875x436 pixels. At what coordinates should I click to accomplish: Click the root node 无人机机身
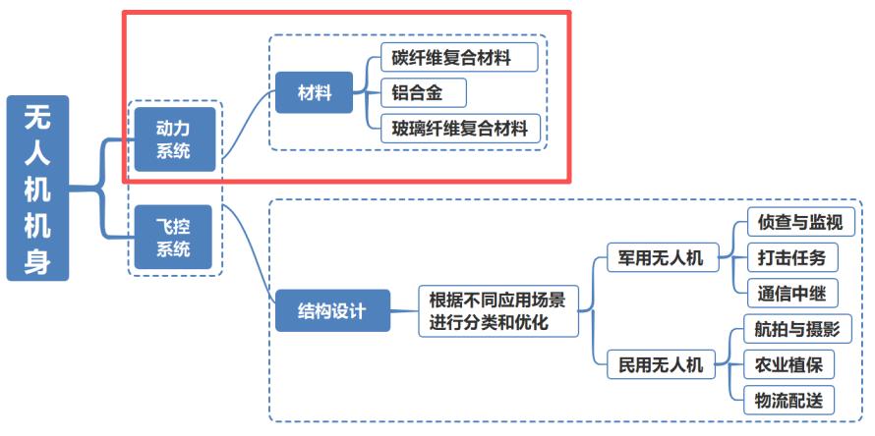[x=38, y=188]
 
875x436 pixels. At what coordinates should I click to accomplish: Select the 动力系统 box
[x=174, y=139]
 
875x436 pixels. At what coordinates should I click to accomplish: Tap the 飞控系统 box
[x=174, y=237]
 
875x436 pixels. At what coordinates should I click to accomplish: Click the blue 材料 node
[x=315, y=93]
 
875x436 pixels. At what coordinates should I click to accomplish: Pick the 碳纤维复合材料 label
[x=459, y=57]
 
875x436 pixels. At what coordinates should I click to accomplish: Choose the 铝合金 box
[x=423, y=93]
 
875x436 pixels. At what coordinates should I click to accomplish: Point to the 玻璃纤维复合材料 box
[x=459, y=129]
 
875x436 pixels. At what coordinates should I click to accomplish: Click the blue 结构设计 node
[x=331, y=311]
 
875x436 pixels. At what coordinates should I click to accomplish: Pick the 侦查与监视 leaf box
[x=793, y=223]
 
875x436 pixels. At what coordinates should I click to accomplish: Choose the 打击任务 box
[x=785, y=258]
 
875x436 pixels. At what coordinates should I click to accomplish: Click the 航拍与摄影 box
[x=793, y=329]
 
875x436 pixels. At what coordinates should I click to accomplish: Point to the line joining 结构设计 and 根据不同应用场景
[x=404, y=311]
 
